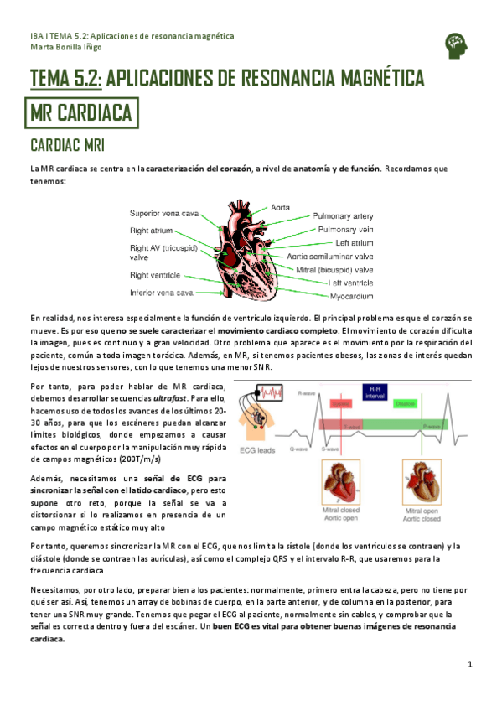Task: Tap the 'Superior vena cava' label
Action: click(163, 214)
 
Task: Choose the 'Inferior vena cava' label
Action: click(161, 293)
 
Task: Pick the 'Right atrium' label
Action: click(151, 229)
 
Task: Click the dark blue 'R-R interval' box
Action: click(370, 392)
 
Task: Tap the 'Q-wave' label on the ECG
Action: click(299, 448)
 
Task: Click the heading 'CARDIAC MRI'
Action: click(67, 146)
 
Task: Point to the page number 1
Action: click(470, 665)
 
